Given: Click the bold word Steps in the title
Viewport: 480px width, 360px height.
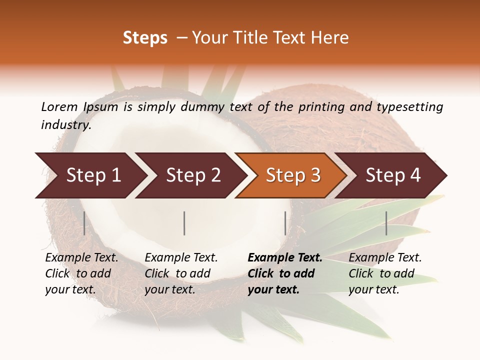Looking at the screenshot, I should pos(145,38).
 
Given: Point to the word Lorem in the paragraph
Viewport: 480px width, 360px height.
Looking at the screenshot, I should pos(59,106).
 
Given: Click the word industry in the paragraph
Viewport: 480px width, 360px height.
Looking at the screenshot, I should pos(65,125).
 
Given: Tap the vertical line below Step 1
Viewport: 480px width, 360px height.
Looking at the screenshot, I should pos(84,223).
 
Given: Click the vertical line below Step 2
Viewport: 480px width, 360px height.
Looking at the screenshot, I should pos(184,223).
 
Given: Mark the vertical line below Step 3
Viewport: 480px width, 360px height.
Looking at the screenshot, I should pos(285,223).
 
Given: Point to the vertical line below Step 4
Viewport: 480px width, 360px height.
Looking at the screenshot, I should pos(386,223).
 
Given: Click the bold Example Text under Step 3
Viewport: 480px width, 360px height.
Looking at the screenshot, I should pos(285,258).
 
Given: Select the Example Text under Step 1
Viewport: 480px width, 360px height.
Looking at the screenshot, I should pos(81,258).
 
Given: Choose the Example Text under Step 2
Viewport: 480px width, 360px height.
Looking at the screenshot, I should pos(181,258).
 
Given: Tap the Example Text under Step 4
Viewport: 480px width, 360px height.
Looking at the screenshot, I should pos(385,258).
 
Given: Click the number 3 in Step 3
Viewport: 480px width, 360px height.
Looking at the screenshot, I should pos(315,175).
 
